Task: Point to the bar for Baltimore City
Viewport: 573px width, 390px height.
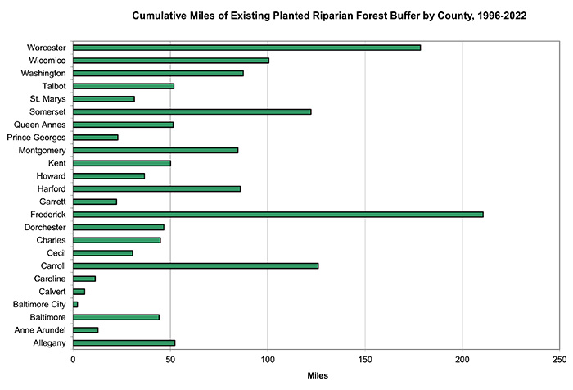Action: (75, 304)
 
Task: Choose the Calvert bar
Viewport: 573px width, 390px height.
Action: (79, 291)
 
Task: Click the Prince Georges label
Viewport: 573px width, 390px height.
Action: (36, 138)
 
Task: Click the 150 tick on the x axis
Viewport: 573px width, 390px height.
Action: (365, 359)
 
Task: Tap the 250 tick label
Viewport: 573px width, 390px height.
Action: (559, 359)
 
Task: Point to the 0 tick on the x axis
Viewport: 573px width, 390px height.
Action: (74, 359)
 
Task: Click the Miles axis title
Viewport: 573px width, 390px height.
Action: (316, 376)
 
